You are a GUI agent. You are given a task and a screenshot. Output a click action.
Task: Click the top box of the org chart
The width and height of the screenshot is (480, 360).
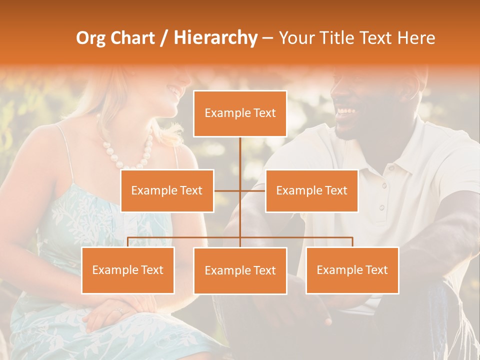[240, 113]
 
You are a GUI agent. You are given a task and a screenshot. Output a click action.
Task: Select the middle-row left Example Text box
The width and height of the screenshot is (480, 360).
[167, 190]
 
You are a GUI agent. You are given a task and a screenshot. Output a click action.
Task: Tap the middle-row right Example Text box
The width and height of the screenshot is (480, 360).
[311, 190]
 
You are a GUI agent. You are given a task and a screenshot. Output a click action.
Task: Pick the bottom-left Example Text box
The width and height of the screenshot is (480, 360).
[128, 270]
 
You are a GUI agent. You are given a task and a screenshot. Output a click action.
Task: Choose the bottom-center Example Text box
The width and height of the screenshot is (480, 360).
[240, 270]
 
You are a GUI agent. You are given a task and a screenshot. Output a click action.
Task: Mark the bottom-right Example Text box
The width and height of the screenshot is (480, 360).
[352, 270]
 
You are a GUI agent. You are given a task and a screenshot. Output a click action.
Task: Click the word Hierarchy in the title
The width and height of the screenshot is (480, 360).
[215, 38]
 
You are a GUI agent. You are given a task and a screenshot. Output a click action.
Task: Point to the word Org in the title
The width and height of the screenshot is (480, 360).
[91, 38]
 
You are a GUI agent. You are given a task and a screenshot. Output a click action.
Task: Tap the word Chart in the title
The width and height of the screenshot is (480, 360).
[132, 38]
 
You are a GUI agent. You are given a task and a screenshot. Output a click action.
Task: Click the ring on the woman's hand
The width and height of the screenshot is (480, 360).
[118, 311]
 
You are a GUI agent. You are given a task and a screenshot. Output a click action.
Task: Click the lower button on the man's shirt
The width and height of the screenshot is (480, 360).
[381, 207]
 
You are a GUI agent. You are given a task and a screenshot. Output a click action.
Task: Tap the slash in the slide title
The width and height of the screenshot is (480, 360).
[164, 38]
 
